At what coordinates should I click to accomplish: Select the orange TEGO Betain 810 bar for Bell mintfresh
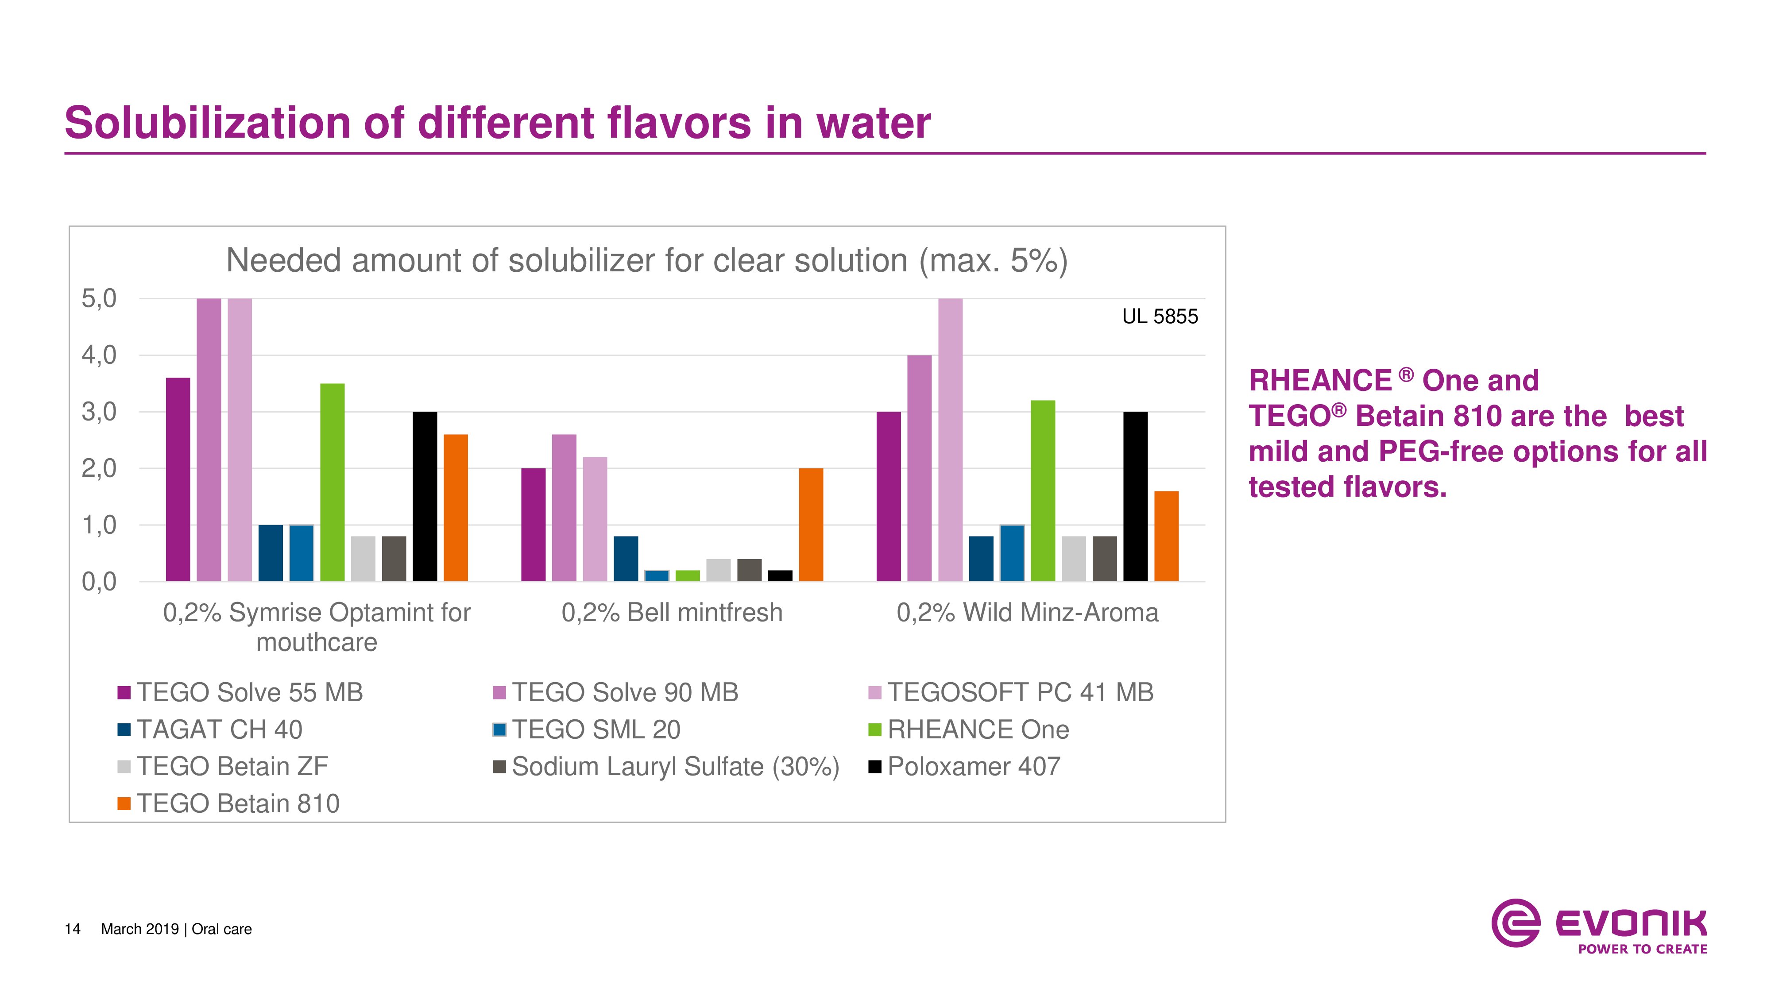point(811,525)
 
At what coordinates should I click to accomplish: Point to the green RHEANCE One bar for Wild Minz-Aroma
point(1043,491)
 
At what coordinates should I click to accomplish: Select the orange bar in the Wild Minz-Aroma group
point(1166,536)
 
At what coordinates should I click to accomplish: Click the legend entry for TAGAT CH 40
point(219,730)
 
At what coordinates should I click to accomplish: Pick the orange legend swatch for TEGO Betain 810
point(124,803)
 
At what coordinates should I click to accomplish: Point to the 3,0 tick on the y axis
point(99,413)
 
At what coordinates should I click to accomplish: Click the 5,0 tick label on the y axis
point(99,299)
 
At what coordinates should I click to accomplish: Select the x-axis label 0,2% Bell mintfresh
point(672,613)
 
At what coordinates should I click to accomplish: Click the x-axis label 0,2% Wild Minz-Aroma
point(1027,613)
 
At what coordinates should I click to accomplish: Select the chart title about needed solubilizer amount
point(646,261)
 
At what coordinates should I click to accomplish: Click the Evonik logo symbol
point(1515,923)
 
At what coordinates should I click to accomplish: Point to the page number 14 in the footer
point(72,929)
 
